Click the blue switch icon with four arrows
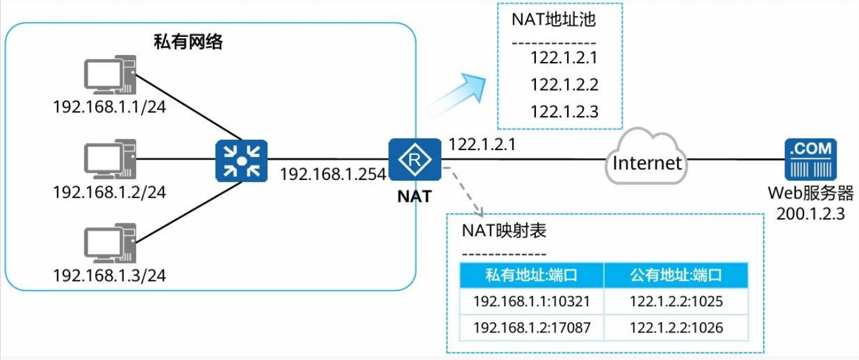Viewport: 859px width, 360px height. pyautogui.click(x=241, y=159)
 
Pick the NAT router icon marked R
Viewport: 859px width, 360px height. pyautogui.click(x=414, y=159)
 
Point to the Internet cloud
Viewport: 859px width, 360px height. pyautogui.click(x=646, y=163)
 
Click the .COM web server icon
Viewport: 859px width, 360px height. pyautogui.click(x=810, y=160)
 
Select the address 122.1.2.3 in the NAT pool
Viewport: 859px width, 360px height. pyautogui.click(x=564, y=112)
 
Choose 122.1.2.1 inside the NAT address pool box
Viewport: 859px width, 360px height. pyautogui.click(x=564, y=58)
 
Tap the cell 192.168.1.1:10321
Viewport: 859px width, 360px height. pyautogui.click(x=531, y=301)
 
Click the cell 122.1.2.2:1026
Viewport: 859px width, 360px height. pyautogui.click(x=676, y=328)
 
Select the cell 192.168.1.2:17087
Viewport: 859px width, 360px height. pyautogui.click(x=531, y=328)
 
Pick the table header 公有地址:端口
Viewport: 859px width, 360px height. pyautogui.click(x=676, y=275)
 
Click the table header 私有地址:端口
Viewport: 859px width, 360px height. pyautogui.click(x=531, y=275)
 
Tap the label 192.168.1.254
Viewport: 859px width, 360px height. pyautogui.click(x=333, y=174)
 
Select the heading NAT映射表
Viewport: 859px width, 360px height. pyautogui.click(x=504, y=231)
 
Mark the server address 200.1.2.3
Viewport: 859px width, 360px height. pyautogui.click(x=810, y=214)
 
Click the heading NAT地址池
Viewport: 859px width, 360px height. pyautogui.click(x=553, y=20)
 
